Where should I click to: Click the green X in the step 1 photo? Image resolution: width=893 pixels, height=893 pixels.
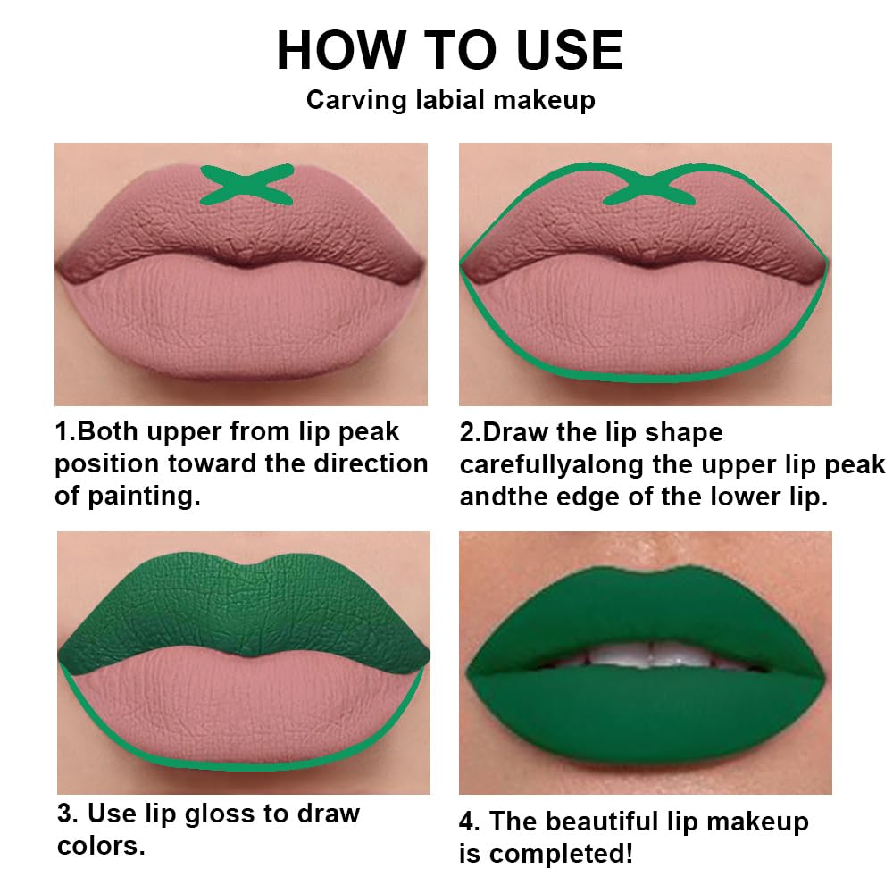(247, 183)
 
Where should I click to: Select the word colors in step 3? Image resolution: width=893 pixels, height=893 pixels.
(101, 846)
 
